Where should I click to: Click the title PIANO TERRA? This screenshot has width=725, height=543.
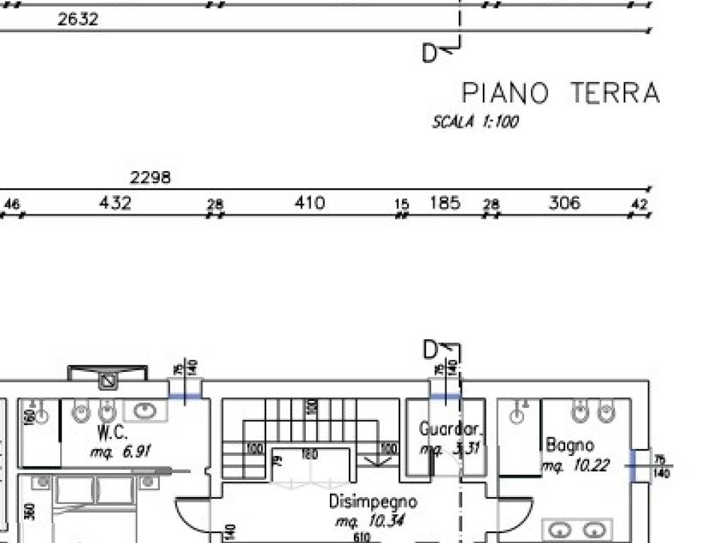coord(560,93)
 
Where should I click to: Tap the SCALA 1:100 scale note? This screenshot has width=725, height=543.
coord(475,122)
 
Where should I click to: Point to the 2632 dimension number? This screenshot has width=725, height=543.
coord(78,19)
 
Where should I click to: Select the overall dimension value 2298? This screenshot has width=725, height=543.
coord(150,177)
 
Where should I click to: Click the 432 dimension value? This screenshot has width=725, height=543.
coord(115,204)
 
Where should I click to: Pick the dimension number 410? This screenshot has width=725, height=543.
coord(309,204)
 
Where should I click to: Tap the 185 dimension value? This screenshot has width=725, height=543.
coord(445,204)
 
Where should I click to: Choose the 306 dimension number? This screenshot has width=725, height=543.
coord(564,204)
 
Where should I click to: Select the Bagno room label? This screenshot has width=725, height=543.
coord(570,445)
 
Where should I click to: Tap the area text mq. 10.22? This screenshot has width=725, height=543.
coord(576,466)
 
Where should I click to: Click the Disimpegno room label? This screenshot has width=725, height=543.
coord(372,502)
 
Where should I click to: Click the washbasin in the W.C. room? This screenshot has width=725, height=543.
coord(146,410)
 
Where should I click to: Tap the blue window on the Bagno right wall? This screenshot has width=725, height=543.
coord(639,466)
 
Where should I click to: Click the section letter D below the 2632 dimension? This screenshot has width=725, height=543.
coord(429,53)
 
